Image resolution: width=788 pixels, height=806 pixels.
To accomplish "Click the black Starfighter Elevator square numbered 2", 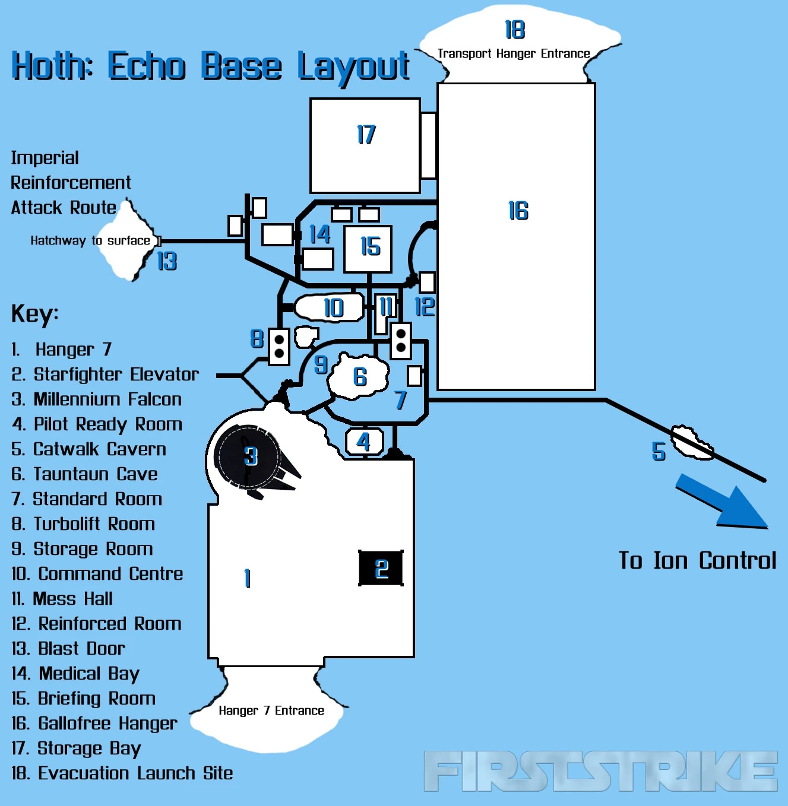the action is click(x=381, y=568).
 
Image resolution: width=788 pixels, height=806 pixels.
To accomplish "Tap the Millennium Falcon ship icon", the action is click(x=252, y=459).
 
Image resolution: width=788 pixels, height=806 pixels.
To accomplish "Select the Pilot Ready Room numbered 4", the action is click(x=364, y=442).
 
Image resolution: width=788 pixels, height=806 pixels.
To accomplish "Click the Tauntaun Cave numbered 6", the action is click(x=360, y=376).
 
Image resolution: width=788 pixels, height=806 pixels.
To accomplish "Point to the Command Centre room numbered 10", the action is click(x=330, y=307).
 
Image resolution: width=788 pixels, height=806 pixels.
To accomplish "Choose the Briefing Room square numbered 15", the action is click(x=368, y=248).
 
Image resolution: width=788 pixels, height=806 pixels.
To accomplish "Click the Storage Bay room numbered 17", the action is click(x=365, y=145).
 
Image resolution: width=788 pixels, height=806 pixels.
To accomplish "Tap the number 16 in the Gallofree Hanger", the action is click(x=518, y=211).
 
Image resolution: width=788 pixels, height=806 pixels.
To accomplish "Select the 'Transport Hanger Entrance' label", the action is click(x=514, y=53).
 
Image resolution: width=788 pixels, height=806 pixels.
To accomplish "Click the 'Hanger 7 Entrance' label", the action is click(x=271, y=710).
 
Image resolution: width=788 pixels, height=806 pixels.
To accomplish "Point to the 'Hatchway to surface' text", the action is click(x=90, y=240).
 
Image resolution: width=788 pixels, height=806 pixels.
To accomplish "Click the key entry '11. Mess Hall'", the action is click(x=62, y=598).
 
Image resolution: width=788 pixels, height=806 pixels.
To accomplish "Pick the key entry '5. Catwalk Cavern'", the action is click(x=89, y=449).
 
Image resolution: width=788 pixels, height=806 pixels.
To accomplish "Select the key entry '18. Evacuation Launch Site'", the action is click(x=122, y=773).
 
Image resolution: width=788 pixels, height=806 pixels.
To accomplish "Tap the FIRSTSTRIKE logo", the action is click(x=600, y=771).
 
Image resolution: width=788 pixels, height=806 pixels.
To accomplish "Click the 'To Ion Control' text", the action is click(x=697, y=560).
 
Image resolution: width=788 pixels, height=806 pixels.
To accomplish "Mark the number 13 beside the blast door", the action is click(x=167, y=261).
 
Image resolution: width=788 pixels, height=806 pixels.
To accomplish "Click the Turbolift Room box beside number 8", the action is click(x=279, y=345).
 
